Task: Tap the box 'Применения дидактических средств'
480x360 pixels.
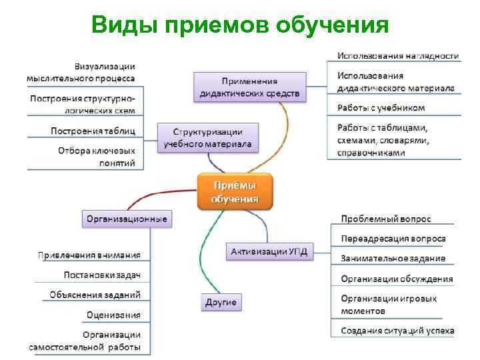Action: pyautogui.click(x=250, y=87)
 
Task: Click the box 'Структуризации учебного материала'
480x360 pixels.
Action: pyautogui.click(x=207, y=138)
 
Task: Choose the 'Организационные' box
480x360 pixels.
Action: pyautogui.click(x=126, y=218)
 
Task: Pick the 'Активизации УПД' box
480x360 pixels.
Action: pyautogui.click(x=269, y=251)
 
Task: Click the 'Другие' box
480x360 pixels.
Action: pyautogui.click(x=220, y=302)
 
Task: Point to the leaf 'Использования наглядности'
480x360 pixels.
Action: pyautogui.click(x=397, y=55)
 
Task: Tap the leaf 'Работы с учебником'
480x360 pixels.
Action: pyautogui.click(x=381, y=107)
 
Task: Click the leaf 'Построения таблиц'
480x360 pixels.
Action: pyautogui.click(x=93, y=130)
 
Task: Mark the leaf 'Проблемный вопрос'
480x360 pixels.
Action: pyautogui.click(x=385, y=219)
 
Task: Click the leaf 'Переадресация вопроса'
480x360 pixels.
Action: pyautogui.click(x=393, y=239)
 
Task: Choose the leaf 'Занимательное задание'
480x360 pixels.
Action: pyautogui.click(x=393, y=259)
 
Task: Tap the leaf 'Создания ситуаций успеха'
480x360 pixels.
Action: pyautogui.click(x=397, y=330)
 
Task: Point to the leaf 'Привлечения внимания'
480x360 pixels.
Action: pyautogui.click(x=89, y=255)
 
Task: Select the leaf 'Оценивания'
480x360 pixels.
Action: pyautogui.click(x=113, y=315)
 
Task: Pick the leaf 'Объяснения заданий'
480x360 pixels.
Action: pyautogui.click(x=95, y=295)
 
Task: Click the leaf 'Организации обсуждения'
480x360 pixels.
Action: pyautogui.click(x=396, y=279)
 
